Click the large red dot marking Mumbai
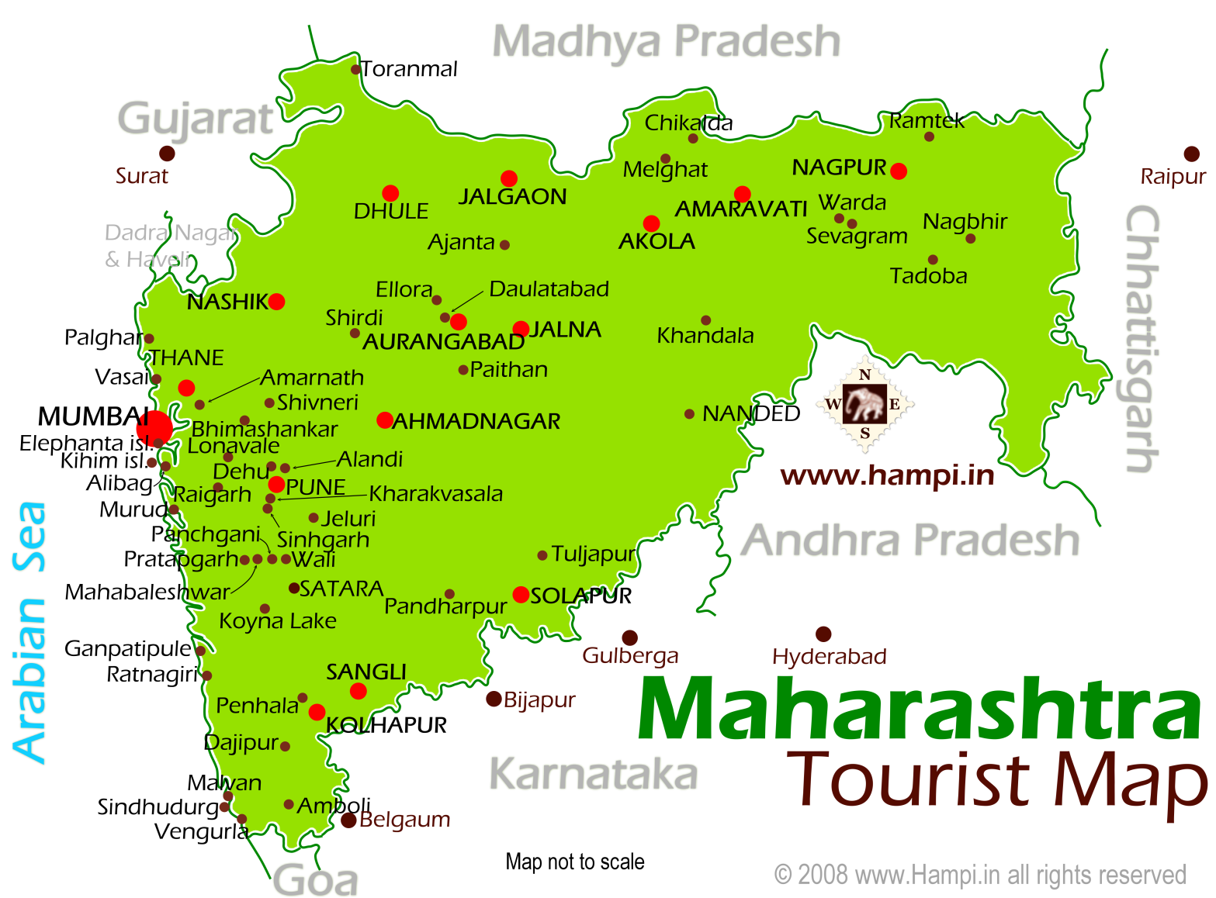coord(154,427)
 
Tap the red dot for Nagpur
coord(899,171)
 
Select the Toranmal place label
coord(409,69)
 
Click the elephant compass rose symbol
coord(864,404)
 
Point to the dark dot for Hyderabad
coord(823,634)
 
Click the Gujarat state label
coord(195,119)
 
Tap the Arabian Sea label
coord(30,632)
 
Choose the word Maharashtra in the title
coord(919,710)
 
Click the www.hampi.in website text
coord(887,475)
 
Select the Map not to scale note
coord(574,862)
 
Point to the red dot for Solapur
coord(521,595)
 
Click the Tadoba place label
coord(928,276)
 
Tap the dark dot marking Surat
coord(167,153)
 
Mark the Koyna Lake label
coord(277,621)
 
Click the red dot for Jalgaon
coord(509,178)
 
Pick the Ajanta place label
coord(461,243)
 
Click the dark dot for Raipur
coord(1191,154)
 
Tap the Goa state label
coord(316,880)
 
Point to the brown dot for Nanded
coord(689,414)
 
